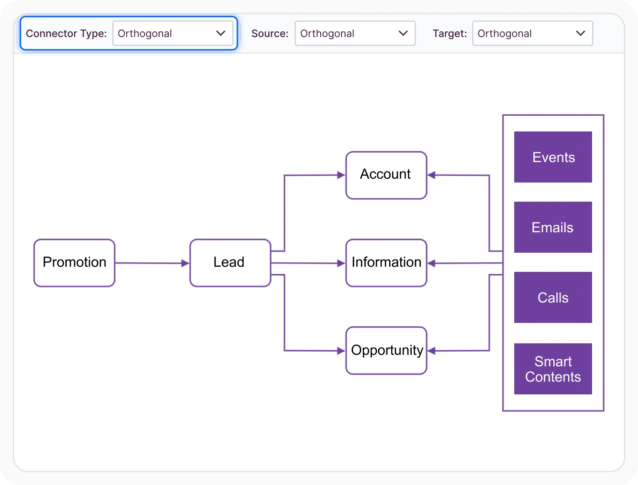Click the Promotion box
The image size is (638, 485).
74,263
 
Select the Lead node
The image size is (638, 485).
230,263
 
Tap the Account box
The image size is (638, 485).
386,175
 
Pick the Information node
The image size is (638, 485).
386,263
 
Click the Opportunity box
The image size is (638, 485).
386,351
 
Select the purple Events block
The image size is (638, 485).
553,157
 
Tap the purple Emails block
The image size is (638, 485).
553,227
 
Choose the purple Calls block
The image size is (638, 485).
553,297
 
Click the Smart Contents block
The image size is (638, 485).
553,369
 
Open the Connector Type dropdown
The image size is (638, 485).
173,33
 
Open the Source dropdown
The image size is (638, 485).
355,33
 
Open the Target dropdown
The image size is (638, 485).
533,33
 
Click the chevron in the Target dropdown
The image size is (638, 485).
581,33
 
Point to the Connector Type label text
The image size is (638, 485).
66,34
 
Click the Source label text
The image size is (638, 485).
270,34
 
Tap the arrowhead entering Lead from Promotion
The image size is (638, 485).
185,263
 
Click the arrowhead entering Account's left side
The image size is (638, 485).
341,175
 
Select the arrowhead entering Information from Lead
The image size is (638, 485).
341,263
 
